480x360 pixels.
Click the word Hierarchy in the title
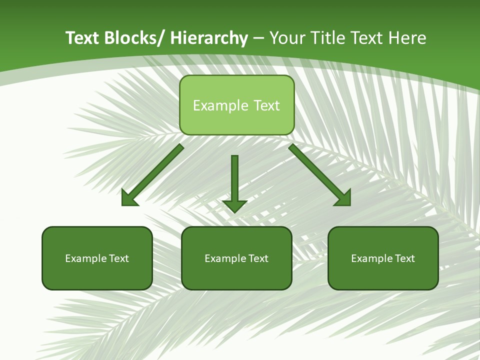[x=209, y=38]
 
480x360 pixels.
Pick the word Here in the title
[x=408, y=38]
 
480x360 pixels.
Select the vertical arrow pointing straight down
[x=234, y=182]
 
